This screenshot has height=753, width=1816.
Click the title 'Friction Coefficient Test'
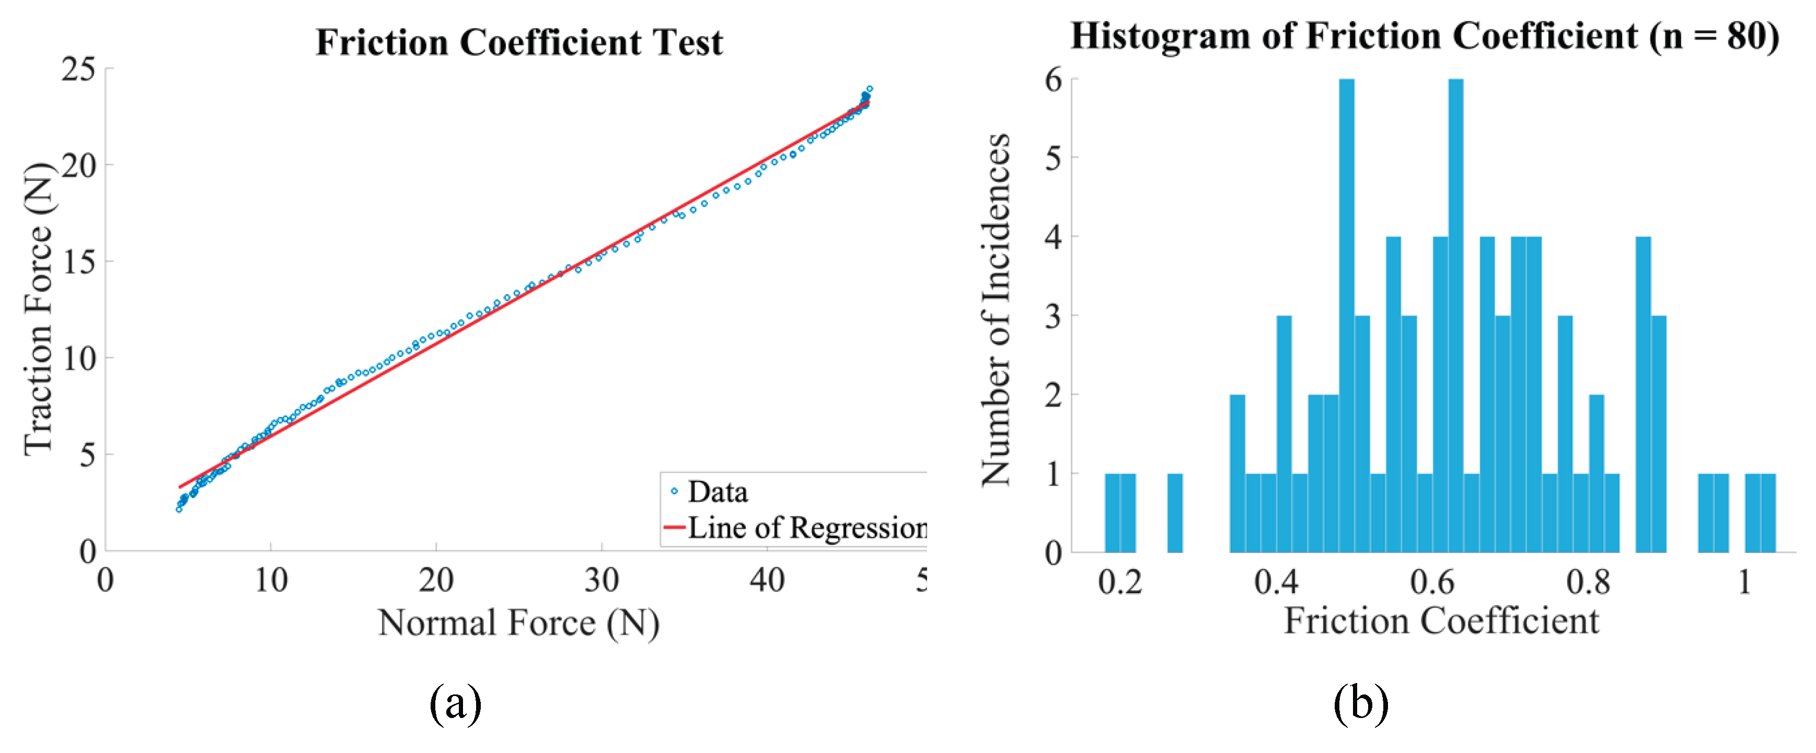point(519,42)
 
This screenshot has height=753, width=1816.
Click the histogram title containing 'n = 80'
point(1424,35)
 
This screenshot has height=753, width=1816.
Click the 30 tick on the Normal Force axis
point(602,580)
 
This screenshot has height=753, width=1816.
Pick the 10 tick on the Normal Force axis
point(271,580)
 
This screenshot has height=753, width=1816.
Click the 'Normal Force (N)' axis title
point(518,622)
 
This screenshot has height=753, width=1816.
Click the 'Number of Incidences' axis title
point(996,309)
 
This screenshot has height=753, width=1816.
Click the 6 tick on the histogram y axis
point(1053,79)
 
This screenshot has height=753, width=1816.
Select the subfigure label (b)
point(1361,703)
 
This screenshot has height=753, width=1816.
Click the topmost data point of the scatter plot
point(869,89)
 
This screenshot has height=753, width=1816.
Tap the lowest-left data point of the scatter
point(179,509)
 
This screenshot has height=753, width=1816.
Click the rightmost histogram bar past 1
point(1768,513)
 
